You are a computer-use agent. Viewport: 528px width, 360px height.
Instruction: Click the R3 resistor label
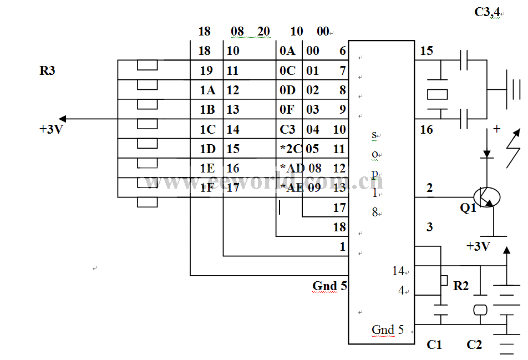pos(48,71)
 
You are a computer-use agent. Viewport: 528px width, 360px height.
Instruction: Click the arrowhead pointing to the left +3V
pos(63,119)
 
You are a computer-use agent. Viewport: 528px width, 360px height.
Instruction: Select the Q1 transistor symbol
pos(488,197)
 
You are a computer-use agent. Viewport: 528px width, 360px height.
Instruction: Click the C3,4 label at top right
pos(488,12)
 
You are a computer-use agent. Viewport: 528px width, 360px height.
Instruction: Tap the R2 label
pos(461,286)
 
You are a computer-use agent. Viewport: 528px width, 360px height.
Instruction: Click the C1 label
pos(434,345)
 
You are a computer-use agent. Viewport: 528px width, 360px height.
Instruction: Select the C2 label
pos(474,345)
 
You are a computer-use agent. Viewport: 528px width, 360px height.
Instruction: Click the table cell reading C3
pos(287,130)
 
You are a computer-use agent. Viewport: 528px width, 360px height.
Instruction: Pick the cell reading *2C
pos(291,149)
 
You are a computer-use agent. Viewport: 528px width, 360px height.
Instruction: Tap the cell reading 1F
pos(207,187)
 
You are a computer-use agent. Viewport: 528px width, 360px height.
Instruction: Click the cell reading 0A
pos(287,51)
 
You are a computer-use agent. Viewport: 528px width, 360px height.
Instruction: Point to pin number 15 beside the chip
pos(427,51)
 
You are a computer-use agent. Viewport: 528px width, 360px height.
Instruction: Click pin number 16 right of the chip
pos(427,130)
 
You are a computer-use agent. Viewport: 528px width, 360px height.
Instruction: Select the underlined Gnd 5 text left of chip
pos(329,286)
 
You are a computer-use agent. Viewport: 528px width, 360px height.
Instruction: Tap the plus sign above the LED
pos(496,129)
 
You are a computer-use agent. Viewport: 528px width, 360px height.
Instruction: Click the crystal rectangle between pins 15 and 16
pos(437,94)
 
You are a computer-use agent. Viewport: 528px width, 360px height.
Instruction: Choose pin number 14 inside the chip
pos(398,271)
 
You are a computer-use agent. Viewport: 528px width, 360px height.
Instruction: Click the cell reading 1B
pos(207,110)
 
